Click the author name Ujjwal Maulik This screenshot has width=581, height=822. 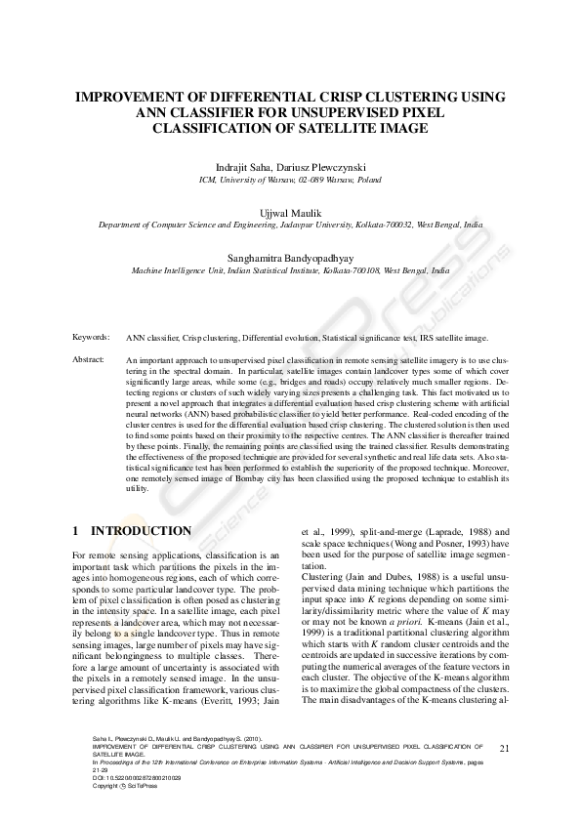coord(290,211)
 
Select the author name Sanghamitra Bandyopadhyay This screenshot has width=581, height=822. coord(290,258)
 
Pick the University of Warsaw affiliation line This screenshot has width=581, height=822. coord(290,181)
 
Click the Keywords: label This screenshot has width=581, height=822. coord(91,337)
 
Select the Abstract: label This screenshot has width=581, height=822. coord(89,360)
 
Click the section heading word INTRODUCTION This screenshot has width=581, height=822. coord(141,531)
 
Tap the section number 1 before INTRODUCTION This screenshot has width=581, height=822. coord(76,531)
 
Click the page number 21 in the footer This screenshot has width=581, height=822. coord(504,749)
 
